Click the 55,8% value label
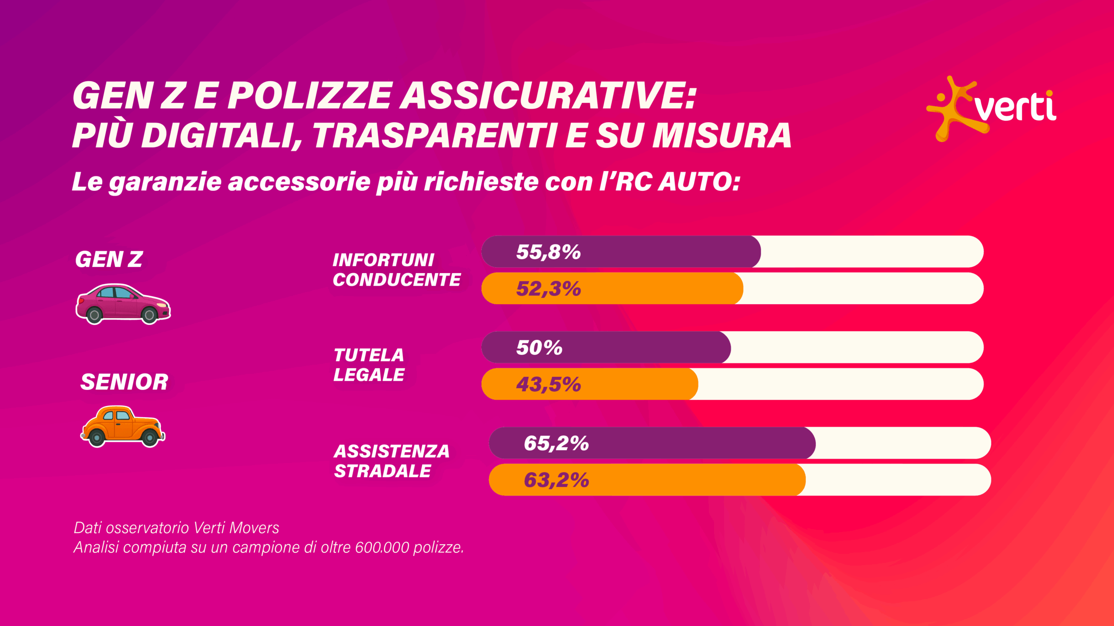[x=548, y=252]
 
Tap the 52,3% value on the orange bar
[x=548, y=289]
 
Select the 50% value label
[x=539, y=348]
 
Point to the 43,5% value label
[x=548, y=385]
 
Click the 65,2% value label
[x=556, y=443]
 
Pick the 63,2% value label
[x=556, y=480]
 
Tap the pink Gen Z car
[x=123, y=304]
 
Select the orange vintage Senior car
[x=123, y=426]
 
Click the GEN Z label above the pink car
[x=109, y=260]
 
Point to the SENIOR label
[x=124, y=382]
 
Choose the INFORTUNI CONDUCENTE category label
[x=396, y=270]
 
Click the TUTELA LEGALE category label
[x=369, y=365]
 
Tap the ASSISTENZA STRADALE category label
[x=391, y=461]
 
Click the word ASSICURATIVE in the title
[x=548, y=96]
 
